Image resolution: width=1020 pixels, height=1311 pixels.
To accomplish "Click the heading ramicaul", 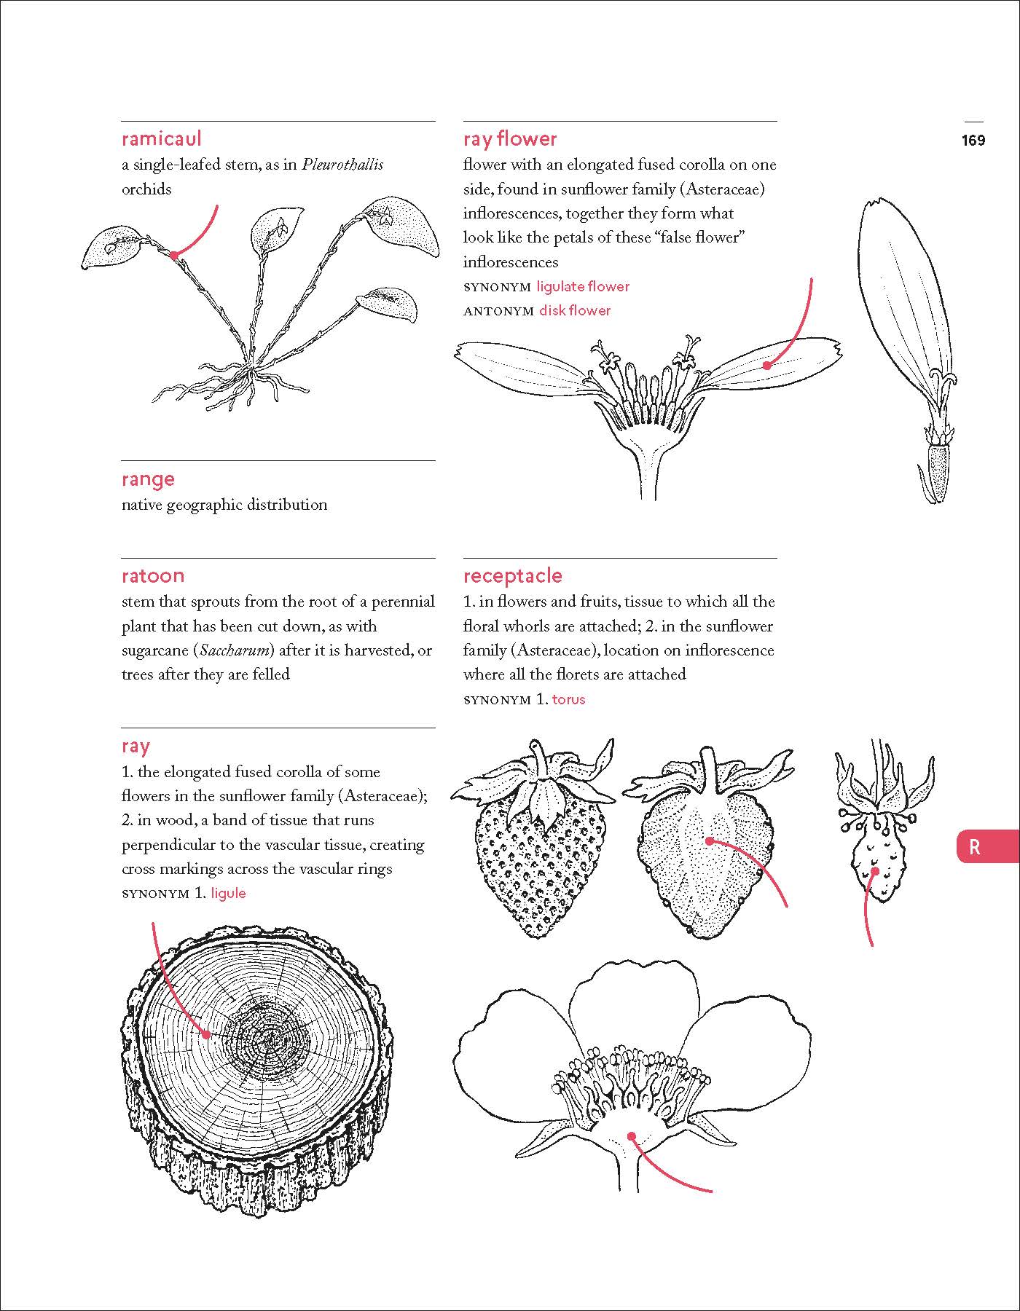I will click(x=161, y=138).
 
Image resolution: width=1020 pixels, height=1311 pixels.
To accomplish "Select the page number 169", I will click(x=973, y=140).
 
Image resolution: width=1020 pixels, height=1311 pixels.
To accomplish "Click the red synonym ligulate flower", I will click(x=583, y=286).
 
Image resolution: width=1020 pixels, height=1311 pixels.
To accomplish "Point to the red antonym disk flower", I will click(x=575, y=310).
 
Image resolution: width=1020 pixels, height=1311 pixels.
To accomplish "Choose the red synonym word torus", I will click(x=568, y=699).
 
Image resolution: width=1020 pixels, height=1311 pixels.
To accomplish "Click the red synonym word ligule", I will click(x=228, y=893).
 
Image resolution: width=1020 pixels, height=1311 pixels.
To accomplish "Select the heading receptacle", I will click(x=512, y=575).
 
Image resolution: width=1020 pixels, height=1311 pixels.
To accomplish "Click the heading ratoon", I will click(x=153, y=575).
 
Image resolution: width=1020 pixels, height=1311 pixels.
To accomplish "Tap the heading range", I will click(x=148, y=479).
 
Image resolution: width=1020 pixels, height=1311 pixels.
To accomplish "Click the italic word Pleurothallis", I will click(x=342, y=165).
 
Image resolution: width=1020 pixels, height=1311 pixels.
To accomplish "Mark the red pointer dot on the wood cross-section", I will click(x=207, y=1034).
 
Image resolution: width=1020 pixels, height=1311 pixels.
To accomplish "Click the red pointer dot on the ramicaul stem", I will click(x=174, y=255).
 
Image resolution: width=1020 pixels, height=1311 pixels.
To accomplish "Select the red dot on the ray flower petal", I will click(x=766, y=366).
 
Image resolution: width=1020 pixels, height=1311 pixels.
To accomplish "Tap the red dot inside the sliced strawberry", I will click(x=709, y=840).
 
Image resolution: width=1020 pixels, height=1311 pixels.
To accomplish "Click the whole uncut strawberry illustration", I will click(x=539, y=852).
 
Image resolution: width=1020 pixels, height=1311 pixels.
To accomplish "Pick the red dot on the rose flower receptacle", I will click(x=632, y=1136).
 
